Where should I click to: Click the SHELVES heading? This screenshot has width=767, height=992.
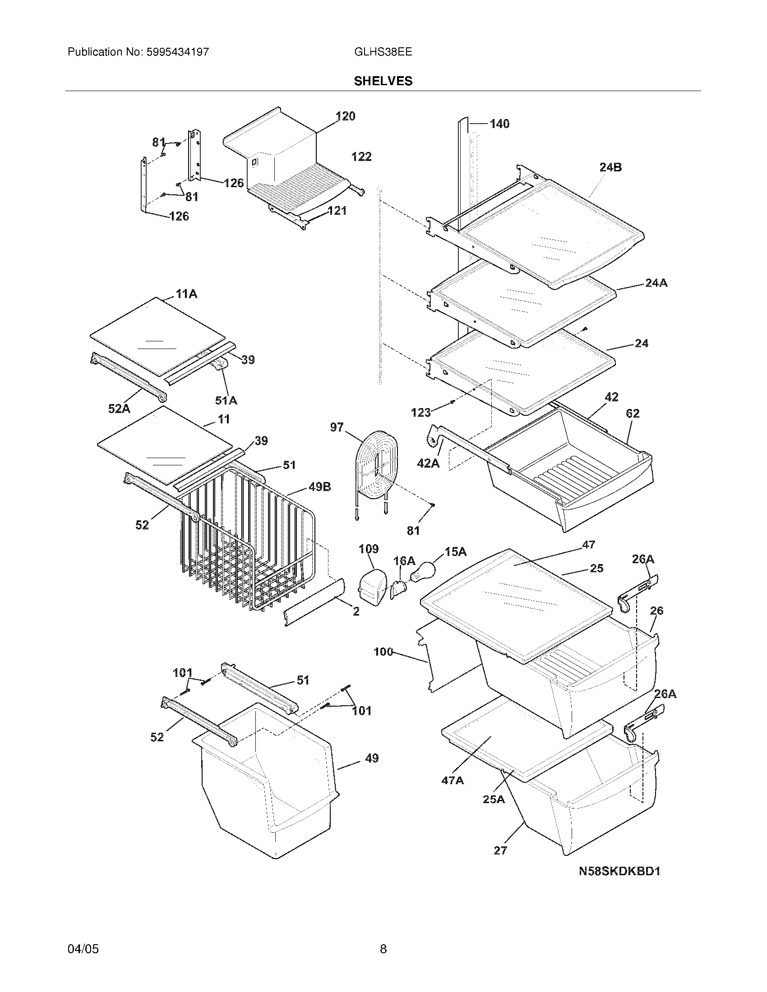pyautogui.click(x=383, y=81)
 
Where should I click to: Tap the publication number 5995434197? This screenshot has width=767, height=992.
pyautogui.click(x=177, y=52)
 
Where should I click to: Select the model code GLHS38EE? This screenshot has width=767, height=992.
pyautogui.click(x=383, y=52)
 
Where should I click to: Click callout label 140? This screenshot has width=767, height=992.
pyautogui.click(x=499, y=124)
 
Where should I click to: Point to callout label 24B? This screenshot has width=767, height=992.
pyautogui.click(x=610, y=167)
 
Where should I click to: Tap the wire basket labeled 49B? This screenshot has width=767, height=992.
pyautogui.click(x=245, y=545)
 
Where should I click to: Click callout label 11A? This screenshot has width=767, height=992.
pyautogui.click(x=186, y=294)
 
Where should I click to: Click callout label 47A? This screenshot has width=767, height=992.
pyautogui.click(x=453, y=781)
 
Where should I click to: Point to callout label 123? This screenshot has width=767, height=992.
pyautogui.click(x=421, y=413)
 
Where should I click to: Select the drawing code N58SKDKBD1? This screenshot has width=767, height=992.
pyautogui.click(x=619, y=871)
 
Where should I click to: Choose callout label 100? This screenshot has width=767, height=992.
pyautogui.click(x=383, y=652)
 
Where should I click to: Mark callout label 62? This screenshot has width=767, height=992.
pyautogui.click(x=632, y=413)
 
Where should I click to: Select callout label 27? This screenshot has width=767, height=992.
pyautogui.click(x=500, y=850)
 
